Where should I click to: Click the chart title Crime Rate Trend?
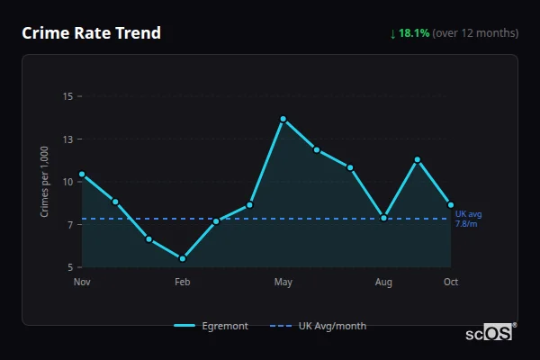(91, 33)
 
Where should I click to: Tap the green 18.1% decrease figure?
(415, 33)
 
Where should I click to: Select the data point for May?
(283, 119)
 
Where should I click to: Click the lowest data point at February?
(183, 258)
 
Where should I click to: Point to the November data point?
(82, 174)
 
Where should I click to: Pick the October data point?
(451, 205)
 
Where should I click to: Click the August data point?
(384, 218)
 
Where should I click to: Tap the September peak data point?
(418, 159)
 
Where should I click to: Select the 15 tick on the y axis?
(67, 96)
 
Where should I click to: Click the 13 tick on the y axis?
(67, 139)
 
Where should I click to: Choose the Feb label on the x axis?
(183, 283)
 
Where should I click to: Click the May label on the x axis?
(283, 283)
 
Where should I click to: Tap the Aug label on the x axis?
(384, 283)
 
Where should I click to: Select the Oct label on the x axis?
(451, 283)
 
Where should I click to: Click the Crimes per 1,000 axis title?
(44, 181)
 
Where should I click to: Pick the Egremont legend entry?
(211, 326)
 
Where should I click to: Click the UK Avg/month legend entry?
(319, 326)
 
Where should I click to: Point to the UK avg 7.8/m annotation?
(468, 219)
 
